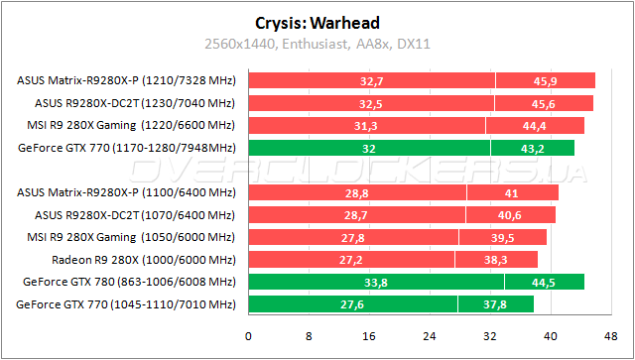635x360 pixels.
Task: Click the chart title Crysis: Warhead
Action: click(x=317, y=22)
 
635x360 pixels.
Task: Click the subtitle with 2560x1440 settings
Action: click(x=317, y=44)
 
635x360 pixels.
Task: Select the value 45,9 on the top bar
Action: click(x=546, y=80)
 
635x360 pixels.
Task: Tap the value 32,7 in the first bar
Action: click(x=372, y=80)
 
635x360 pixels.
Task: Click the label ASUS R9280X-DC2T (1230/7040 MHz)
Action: click(x=134, y=103)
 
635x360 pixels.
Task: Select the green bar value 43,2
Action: click(x=532, y=148)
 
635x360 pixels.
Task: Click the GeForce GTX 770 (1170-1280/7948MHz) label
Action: click(x=126, y=148)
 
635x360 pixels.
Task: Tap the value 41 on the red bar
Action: click(x=511, y=192)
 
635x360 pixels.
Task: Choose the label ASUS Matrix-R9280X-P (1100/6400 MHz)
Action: click(x=126, y=192)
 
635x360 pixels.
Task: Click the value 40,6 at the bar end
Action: click(x=512, y=214)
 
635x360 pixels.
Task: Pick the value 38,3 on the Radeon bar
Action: click(x=496, y=260)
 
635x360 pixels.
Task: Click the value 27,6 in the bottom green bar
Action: click(x=352, y=304)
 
